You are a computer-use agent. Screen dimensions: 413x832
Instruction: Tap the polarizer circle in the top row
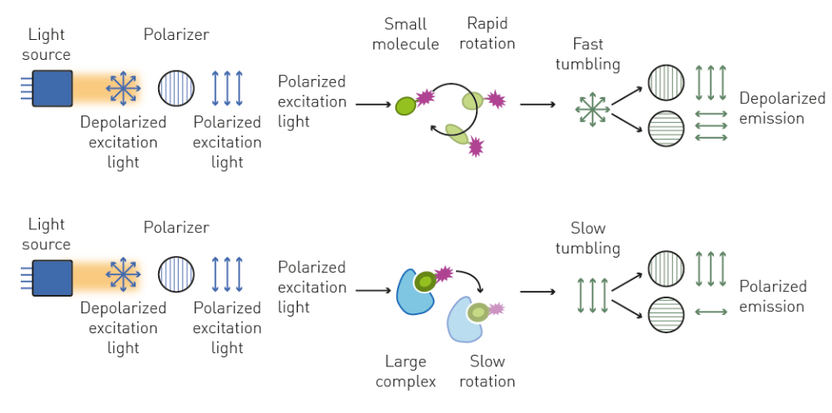[176, 87]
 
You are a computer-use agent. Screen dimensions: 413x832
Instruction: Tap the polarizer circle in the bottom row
[176, 273]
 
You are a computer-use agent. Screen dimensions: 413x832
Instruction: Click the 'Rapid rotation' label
[487, 33]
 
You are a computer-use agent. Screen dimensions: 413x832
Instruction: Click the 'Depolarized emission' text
[782, 108]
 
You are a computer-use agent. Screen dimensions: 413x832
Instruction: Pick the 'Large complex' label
[405, 371]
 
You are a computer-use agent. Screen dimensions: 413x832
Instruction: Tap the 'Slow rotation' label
[487, 371]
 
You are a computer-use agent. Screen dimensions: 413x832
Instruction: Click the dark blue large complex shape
[414, 293]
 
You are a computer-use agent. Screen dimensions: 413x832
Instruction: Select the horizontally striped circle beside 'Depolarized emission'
[666, 128]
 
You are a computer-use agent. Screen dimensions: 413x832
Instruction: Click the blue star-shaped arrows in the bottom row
[123, 273]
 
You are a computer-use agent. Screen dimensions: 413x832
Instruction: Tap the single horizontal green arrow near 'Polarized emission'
[711, 313]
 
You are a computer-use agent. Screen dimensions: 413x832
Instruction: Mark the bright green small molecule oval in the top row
[405, 106]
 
